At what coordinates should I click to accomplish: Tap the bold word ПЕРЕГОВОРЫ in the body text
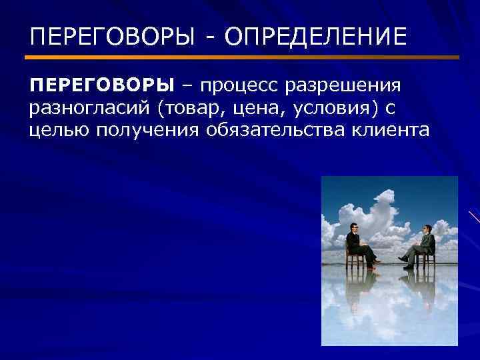[x=101, y=85]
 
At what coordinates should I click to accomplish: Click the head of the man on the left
[x=352, y=229]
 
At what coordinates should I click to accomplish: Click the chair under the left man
[x=355, y=258]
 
